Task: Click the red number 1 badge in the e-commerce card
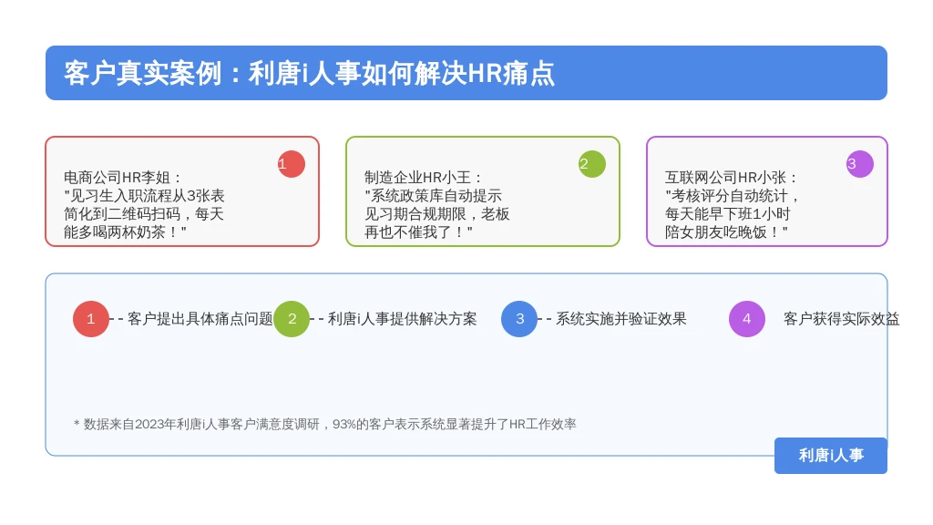(x=291, y=164)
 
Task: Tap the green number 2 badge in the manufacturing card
(x=592, y=164)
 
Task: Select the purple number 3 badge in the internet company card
(x=860, y=164)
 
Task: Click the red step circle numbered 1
(x=91, y=319)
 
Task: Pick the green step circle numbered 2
(x=292, y=319)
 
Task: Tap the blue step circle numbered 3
(x=519, y=319)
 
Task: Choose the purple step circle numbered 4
(x=747, y=319)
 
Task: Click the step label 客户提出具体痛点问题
(x=200, y=319)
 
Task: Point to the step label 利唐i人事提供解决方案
(x=402, y=319)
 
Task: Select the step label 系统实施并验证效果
(x=621, y=319)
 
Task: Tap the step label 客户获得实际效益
(x=841, y=319)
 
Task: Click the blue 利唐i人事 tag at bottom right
(x=831, y=456)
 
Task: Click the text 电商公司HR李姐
(x=118, y=178)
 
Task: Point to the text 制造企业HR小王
(x=417, y=178)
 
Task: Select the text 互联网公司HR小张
(x=725, y=178)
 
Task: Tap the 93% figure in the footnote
(x=343, y=425)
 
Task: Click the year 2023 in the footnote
(x=149, y=425)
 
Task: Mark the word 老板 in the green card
(x=495, y=213)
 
